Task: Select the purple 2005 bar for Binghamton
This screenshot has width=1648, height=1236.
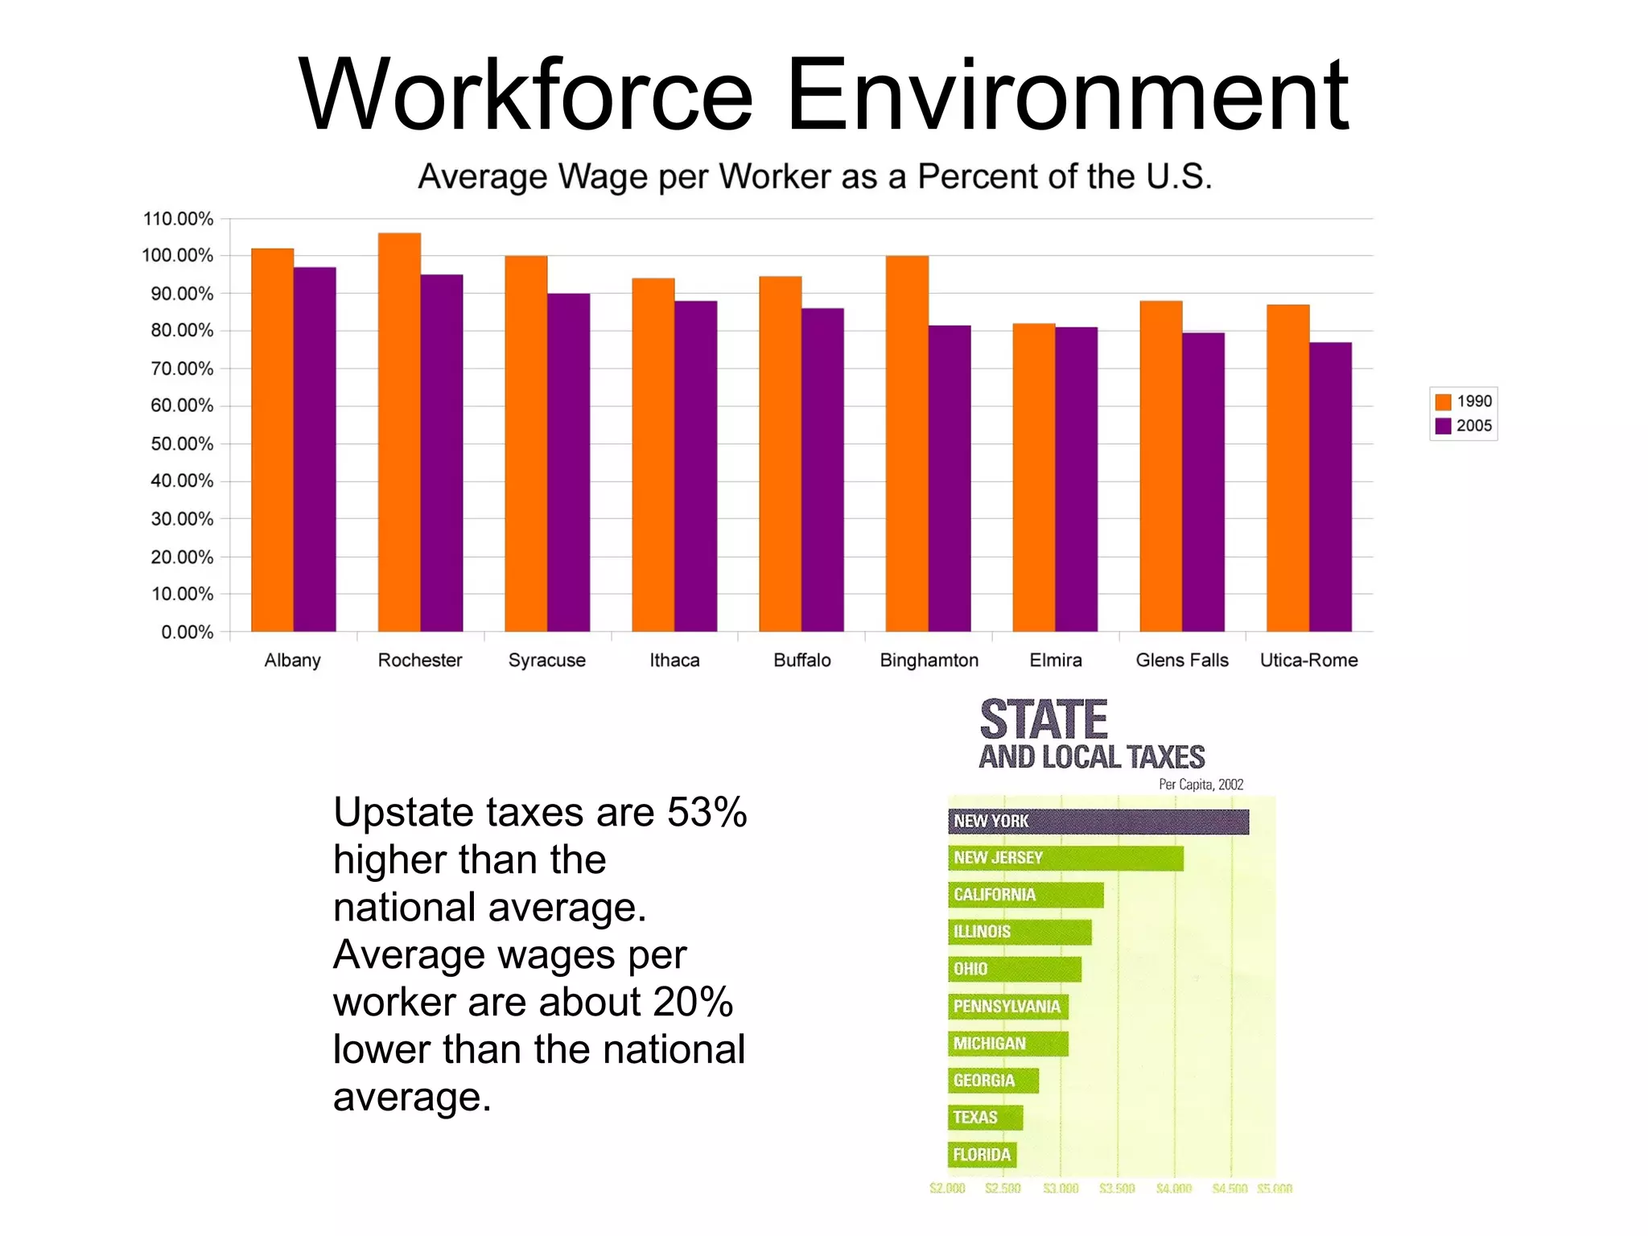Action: tap(950, 478)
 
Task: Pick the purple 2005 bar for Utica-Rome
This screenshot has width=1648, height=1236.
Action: tap(1330, 487)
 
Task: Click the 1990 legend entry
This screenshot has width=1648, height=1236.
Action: tap(1464, 402)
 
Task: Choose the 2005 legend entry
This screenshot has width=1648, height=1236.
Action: tap(1464, 426)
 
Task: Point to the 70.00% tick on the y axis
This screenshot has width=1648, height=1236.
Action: tap(182, 369)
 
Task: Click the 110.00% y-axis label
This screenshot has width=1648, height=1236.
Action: tap(178, 219)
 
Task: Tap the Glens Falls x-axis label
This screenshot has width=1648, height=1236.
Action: tap(1182, 660)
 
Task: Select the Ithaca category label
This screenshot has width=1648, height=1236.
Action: tap(674, 660)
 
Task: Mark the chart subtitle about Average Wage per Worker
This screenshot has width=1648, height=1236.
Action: tap(814, 176)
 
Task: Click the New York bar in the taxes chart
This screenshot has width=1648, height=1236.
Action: tap(1098, 822)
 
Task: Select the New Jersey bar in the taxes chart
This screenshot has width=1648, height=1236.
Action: tap(1065, 858)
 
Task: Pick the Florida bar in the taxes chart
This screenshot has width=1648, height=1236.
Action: tap(982, 1155)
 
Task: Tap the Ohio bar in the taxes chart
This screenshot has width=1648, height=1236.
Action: tap(1015, 969)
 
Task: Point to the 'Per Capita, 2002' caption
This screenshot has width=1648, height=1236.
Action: tap(1201, 784)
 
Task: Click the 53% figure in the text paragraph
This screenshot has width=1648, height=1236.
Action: tap(707, 812)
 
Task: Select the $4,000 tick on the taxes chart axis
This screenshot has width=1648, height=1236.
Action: tap(1173, 1189)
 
